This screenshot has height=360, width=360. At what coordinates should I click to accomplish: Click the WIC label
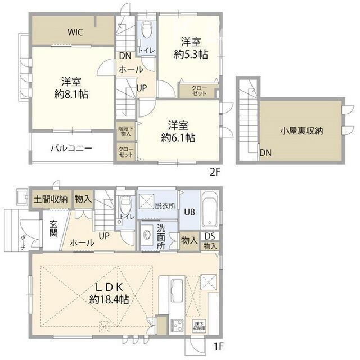[76, 32]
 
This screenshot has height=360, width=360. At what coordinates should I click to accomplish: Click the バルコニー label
[71, 148]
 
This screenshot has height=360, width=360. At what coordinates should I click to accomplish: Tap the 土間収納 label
[51, 199]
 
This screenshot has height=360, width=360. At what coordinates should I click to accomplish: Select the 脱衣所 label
[165, 206]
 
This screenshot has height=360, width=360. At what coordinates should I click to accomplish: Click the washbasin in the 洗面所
[148, 235]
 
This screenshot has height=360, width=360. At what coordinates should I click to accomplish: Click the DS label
[210, 236]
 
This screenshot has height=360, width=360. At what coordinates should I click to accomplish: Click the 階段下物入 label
[125, 131]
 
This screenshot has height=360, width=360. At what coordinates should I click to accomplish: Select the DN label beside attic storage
[265, 152]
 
